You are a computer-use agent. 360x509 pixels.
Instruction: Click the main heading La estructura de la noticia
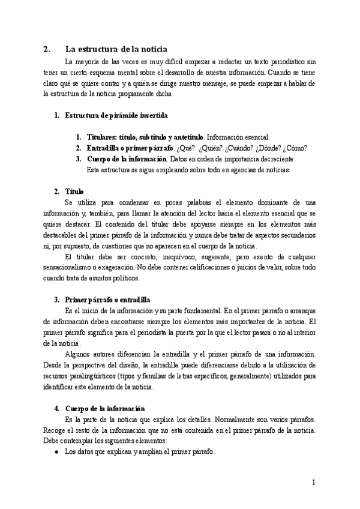116,49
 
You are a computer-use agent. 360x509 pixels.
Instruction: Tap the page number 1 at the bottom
313,482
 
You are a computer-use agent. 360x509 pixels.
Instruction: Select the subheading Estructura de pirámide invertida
116,115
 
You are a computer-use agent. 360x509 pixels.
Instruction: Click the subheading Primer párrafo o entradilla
107,299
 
